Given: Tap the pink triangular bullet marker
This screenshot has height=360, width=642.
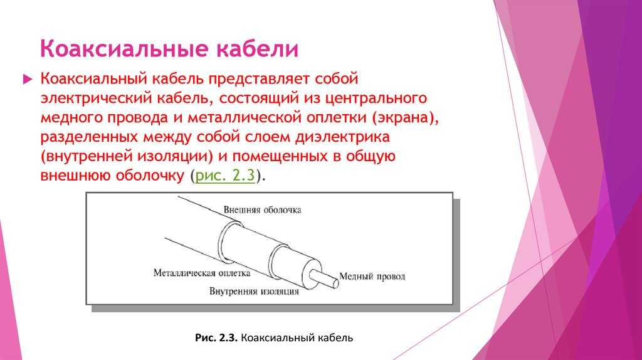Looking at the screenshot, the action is pos(28,79).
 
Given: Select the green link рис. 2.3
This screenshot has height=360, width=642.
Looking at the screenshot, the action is pos(225,175).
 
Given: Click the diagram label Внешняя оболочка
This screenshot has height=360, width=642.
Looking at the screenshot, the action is pos(263,209).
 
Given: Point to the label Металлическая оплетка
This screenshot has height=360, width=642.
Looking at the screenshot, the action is pos(201,273).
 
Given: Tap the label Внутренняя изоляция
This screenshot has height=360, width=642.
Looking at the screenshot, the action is pos(254,291).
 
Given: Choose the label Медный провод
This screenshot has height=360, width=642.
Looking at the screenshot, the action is pos(372,277).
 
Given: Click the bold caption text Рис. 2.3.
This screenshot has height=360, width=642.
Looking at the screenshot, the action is pos(216,338).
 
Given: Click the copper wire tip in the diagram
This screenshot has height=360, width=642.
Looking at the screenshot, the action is pos(335,282).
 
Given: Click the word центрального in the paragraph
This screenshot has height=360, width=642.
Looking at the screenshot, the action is pos(376,98).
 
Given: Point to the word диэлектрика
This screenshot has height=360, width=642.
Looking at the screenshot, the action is pos(342,137).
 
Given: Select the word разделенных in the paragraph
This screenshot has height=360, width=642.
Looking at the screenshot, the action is pos(89,137).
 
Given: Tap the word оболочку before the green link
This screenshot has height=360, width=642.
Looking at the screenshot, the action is pos(150,176).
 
